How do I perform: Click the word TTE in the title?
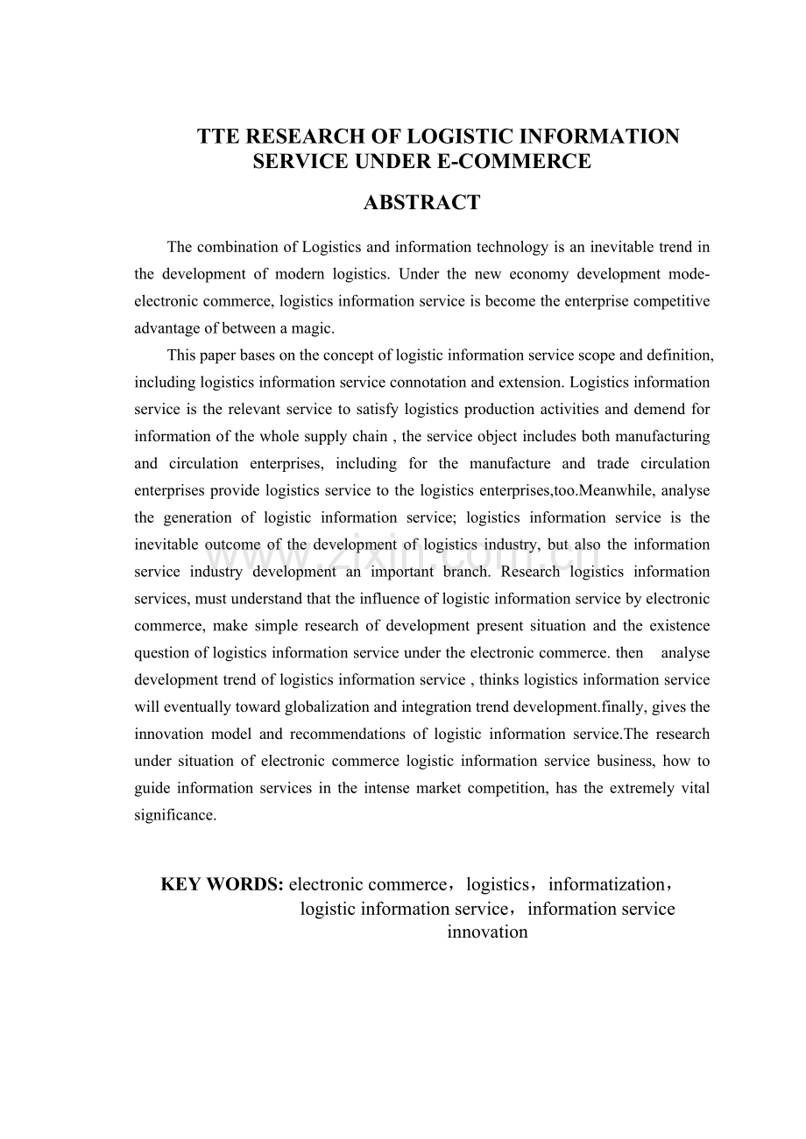coord(219,137)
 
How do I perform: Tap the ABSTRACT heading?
coord(421,203)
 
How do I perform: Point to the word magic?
coord(313,328)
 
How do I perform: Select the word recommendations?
coord(360,734)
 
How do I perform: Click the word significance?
coord(174,815)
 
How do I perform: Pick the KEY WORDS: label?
coord(222,884)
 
